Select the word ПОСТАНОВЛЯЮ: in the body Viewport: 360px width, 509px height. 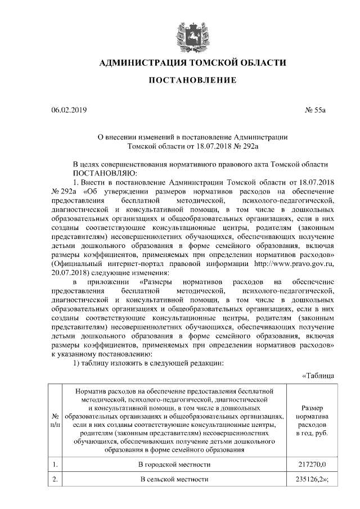pos(101,173)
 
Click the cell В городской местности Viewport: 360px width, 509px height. pos(175,465)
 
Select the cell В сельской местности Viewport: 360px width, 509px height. pos(175,479)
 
